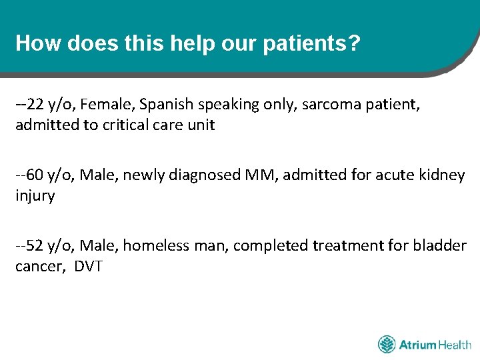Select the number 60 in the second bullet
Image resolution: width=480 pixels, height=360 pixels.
pyautogui.click(x=37, y=175)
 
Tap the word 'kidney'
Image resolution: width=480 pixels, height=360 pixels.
pyautogui.click(x=441, y=175)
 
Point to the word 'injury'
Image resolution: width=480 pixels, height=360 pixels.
pyautogui.click(x=35, y=197)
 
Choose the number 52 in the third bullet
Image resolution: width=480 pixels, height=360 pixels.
pyautogui.click(x=37, y=246)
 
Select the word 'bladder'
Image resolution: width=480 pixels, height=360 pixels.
pyautogui.click(x=441, y=246)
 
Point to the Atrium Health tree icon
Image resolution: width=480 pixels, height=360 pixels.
pyautogui.click(x=387, y=345)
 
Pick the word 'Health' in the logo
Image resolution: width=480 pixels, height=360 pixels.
pyautogui.click(x=455, y=345)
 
